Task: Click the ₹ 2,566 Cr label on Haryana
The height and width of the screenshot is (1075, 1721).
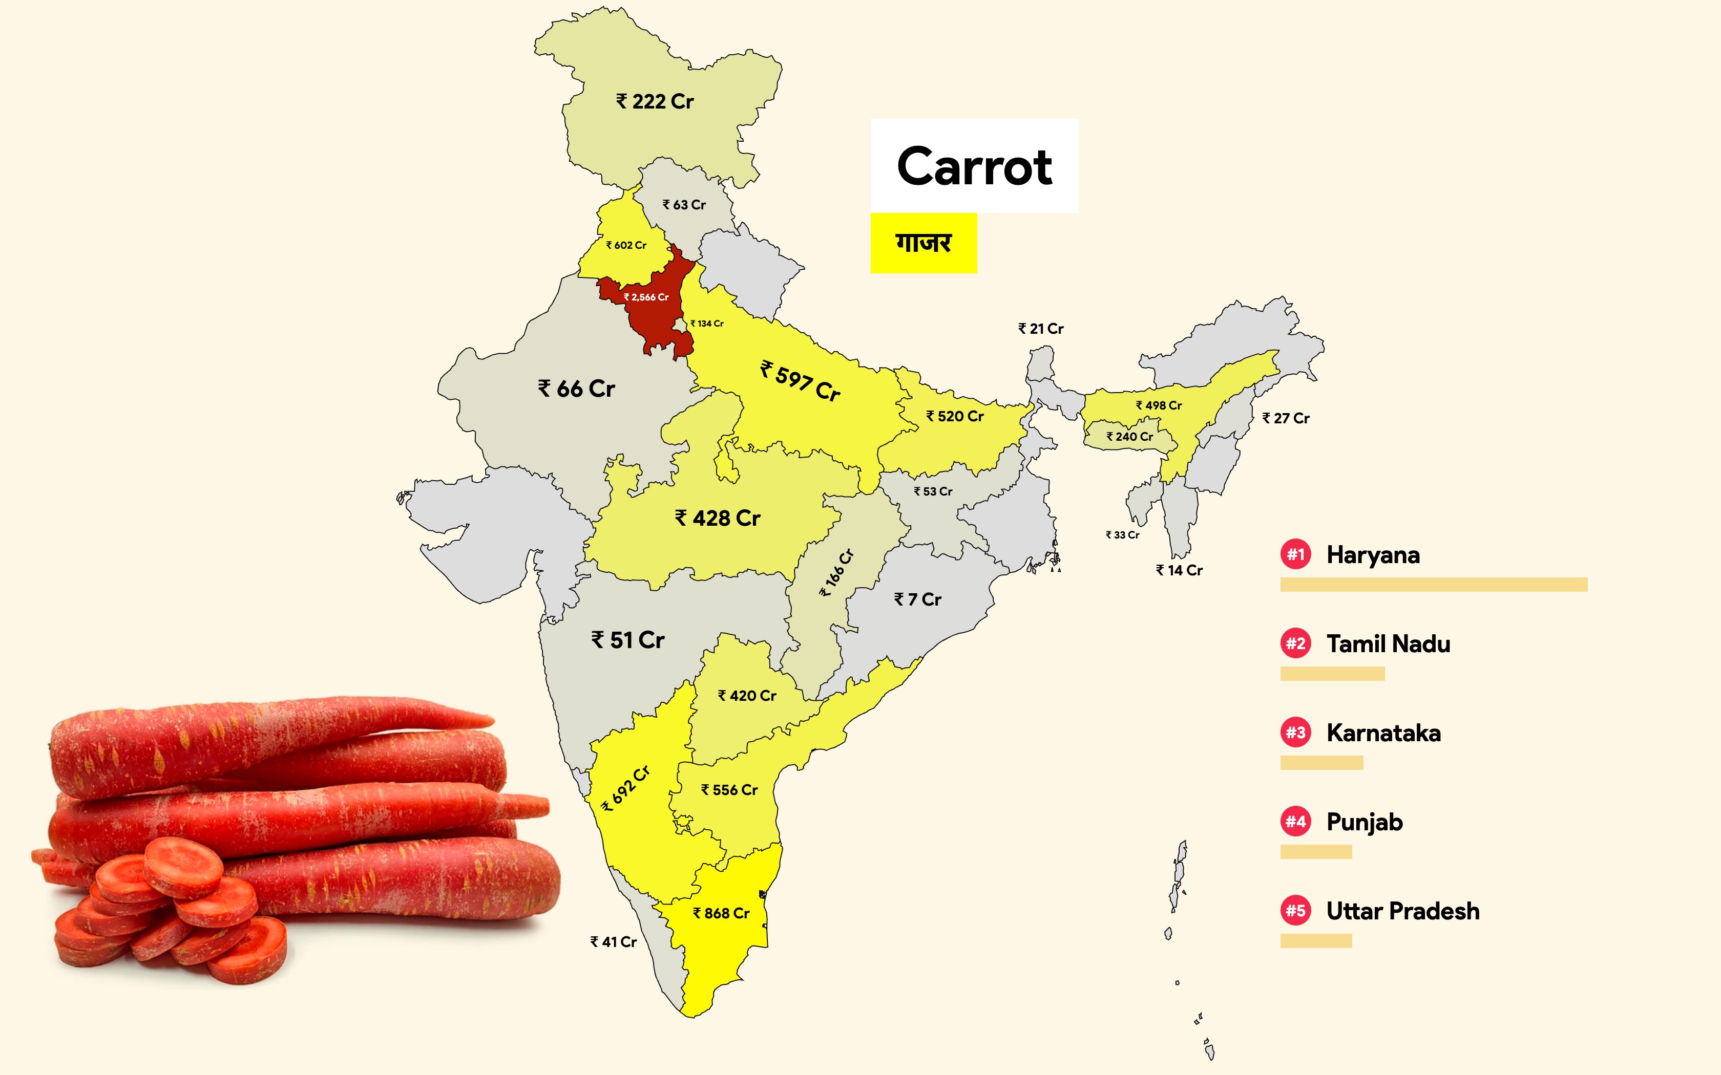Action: tap(646, 297)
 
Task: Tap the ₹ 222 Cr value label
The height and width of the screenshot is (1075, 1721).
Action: tap(655, 102)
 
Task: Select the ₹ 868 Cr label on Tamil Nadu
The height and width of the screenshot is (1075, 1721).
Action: tap(721, 913)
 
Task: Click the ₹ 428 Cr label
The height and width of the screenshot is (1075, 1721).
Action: tap(718, 518)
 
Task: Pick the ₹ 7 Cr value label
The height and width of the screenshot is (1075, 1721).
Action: tap(917, 600)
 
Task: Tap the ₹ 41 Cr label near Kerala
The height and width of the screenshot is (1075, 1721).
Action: tap(613, 942)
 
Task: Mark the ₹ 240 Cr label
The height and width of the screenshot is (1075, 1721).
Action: tap(1129, 437)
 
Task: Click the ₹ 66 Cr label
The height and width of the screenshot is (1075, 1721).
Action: tap(576, 389)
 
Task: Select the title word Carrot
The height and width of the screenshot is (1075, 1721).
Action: tap(974, 166)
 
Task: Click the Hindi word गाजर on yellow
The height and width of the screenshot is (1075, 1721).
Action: tap(923, 243)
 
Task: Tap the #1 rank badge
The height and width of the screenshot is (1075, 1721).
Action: tap(1296, 554)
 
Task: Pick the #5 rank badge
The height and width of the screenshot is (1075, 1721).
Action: tap(1296, 911)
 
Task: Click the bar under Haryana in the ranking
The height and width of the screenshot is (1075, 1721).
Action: tap(1434, 585)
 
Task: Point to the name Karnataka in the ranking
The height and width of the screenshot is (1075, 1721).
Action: tap(1383, 733)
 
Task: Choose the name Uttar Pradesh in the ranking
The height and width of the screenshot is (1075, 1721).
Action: tap(1402, 911)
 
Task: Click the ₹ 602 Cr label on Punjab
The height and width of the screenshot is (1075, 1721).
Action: tap(626, 245)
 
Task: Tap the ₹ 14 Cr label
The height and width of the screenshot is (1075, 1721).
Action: tap(1179, 570)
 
